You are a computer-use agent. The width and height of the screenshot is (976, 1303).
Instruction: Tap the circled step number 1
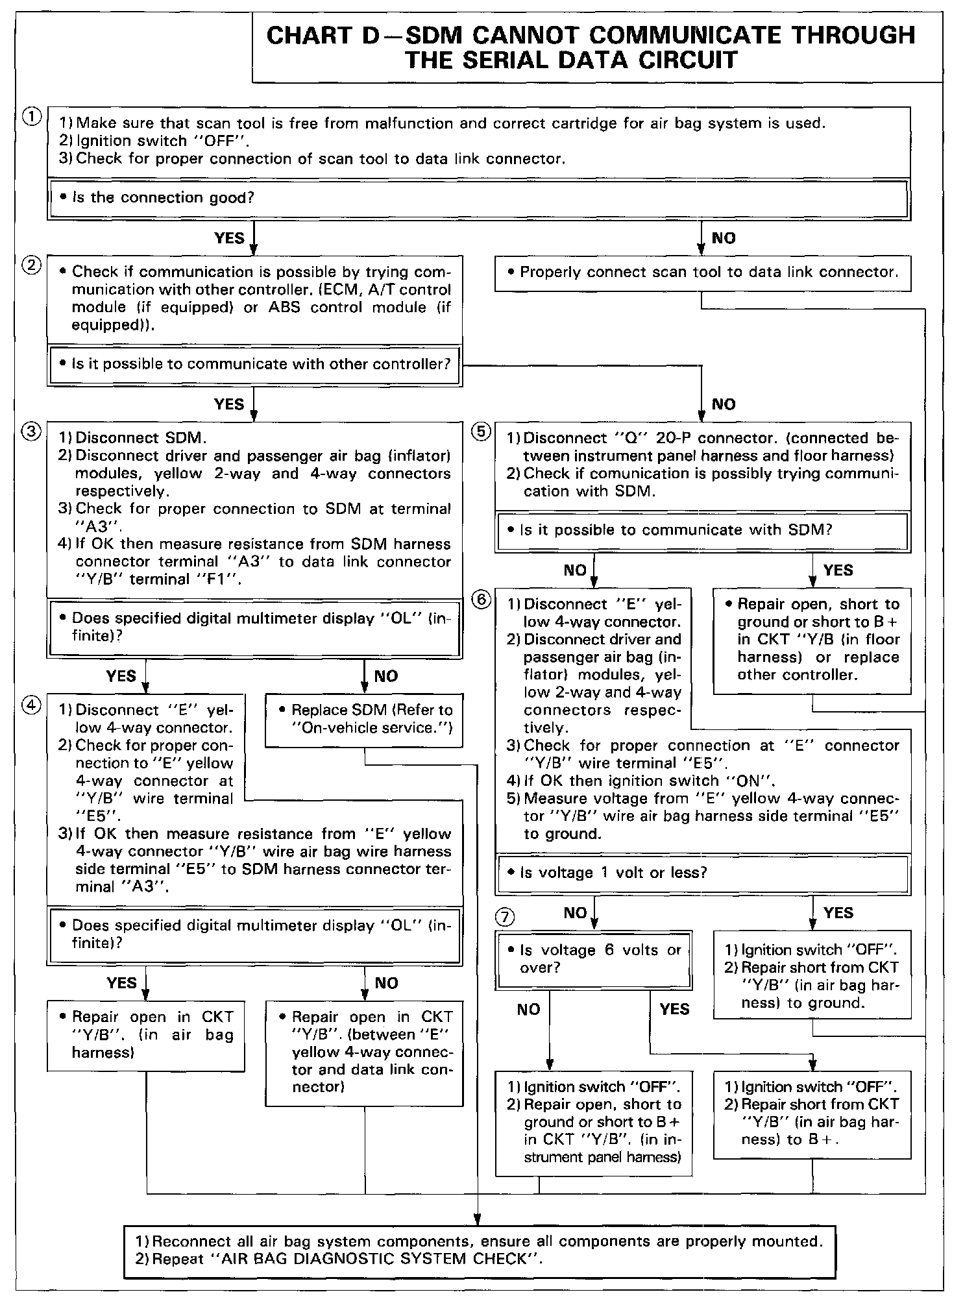tap(30, 117)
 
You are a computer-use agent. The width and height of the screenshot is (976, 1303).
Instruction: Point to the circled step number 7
tap(505, 916)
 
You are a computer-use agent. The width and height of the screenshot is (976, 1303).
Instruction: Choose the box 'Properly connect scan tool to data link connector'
tap(703, 273)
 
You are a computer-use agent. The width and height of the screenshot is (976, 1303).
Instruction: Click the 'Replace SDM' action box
tap(364, 719)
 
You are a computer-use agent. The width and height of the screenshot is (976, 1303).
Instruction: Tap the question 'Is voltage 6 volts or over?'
tap(593, 959)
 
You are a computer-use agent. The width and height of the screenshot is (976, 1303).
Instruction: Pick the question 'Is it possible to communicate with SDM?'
tap(675, 531)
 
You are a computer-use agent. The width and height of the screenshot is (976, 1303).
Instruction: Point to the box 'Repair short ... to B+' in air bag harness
tap(812, 1114)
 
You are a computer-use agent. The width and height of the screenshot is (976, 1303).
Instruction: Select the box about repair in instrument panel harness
tap(593, 1123)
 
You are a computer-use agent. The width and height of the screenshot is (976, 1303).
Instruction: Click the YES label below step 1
tap(229, 238)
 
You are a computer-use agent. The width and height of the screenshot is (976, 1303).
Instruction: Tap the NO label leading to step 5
tap(724, 405)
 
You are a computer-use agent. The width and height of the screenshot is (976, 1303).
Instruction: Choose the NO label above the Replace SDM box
tap(386, 676)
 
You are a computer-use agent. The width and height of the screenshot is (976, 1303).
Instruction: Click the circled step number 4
tap(30, 705)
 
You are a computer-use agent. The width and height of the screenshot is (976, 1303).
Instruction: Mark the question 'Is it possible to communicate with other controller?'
tap(260, 365)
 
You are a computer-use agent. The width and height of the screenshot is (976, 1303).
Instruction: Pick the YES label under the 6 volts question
tap(674, 1009)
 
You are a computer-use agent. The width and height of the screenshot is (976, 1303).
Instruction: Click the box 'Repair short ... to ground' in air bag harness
tap(812, 975)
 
